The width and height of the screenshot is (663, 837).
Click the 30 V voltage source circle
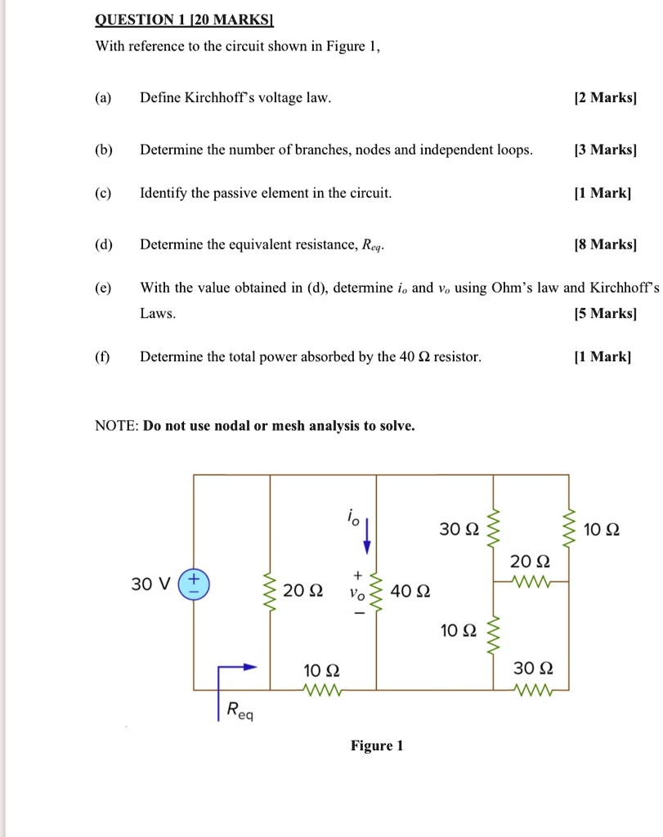pos(194,584)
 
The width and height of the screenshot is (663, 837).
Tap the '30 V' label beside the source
pos(151,584)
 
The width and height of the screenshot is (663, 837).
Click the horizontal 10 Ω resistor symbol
pos(325,691)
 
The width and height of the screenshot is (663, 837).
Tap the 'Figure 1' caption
pos(377,745)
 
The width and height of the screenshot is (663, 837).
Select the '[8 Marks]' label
pos(605,244)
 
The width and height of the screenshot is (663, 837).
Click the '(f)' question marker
pos(103,357)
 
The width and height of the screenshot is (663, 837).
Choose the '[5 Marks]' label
pos(605,313)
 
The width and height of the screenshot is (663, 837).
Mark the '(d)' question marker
pos(103,244)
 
